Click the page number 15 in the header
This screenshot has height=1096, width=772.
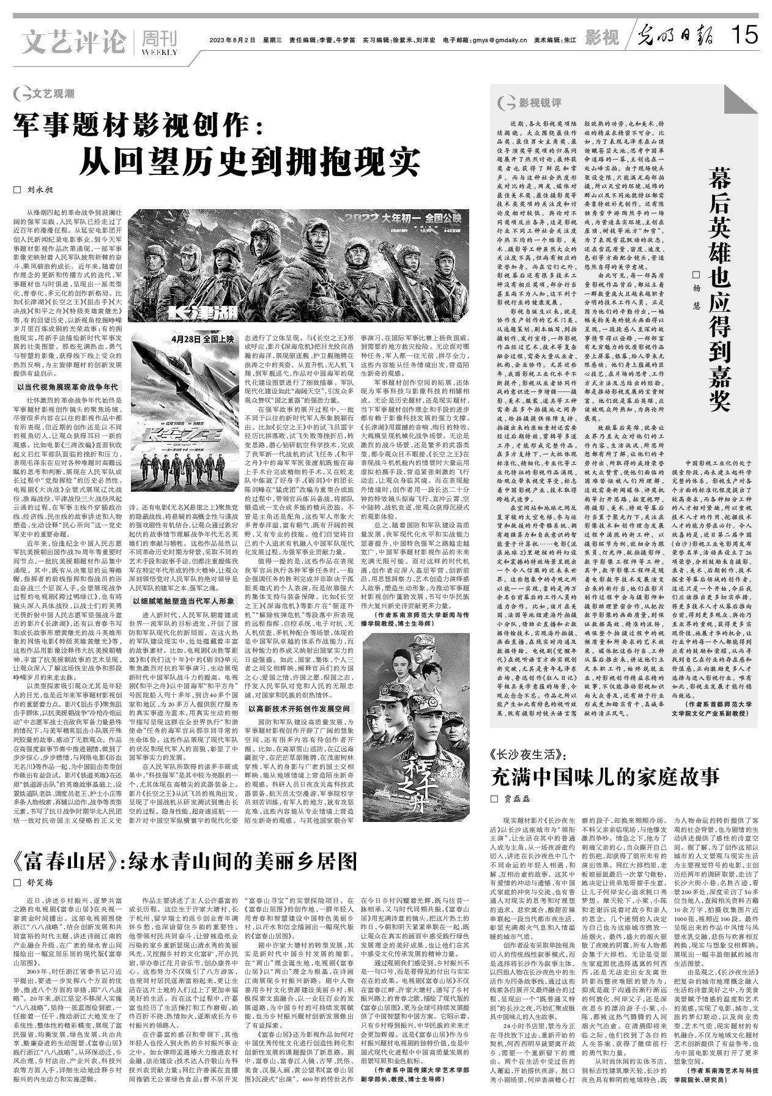point(744,35)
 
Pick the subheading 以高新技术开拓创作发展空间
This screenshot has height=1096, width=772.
point(299,708)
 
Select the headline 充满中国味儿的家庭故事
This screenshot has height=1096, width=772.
point(605,777)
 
